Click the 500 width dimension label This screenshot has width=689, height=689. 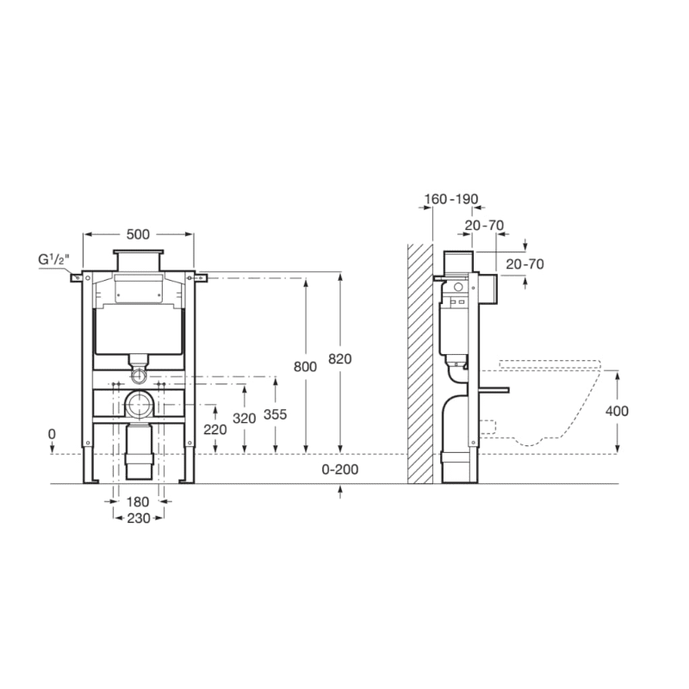tap(138, 234)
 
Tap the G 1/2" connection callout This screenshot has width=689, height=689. tap(53, 260)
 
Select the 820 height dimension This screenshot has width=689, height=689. tap(340, 359)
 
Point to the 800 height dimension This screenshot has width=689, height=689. tap(305, 367)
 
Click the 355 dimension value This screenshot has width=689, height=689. tap(275, 414)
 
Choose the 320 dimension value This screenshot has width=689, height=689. tap(245, 419)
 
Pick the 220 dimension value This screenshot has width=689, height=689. tap(214, 429)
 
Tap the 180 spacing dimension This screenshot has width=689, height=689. tap(138, 501)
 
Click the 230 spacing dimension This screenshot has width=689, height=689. tap(139, 518)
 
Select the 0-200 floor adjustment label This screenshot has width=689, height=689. tap(340, 469)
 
